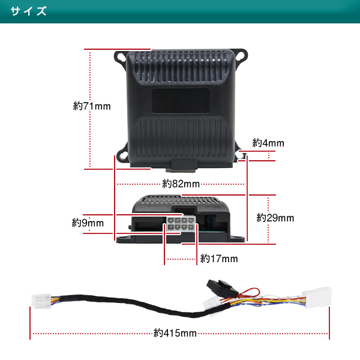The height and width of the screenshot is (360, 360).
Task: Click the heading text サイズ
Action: [x=29, y=12]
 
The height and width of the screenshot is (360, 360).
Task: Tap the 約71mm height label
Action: [x=92, y=106]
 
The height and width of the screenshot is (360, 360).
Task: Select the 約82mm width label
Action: [x=181, y=184]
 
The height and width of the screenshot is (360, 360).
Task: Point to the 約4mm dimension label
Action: [x=268, y=143]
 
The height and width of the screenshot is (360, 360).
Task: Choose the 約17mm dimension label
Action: [x=219, y=259]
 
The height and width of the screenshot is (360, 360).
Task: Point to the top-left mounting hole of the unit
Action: [x=119, y=58]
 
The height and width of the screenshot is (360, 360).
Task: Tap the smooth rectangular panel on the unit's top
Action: [x=181, y=100]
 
